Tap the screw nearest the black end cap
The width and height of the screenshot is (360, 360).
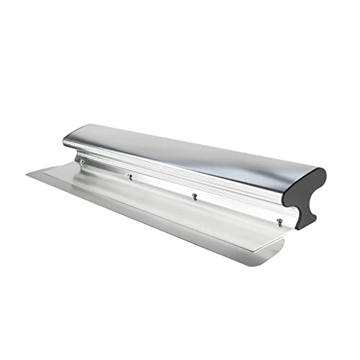279,222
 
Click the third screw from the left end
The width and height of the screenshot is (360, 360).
194,195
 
